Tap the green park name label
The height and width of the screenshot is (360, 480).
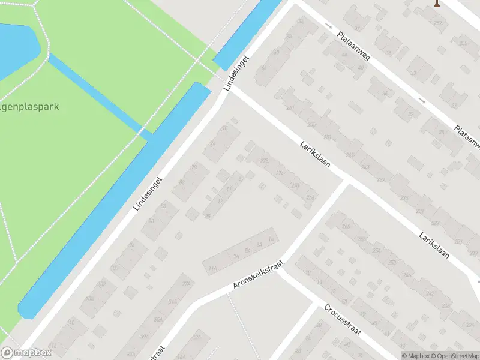(29, 107)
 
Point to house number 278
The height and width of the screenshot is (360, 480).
(264, 160)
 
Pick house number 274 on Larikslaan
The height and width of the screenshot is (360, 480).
(280, 173)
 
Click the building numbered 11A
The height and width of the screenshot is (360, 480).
(212, 269)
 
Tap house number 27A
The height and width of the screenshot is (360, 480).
(187, 284)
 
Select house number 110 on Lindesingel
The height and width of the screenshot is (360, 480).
(72, 323)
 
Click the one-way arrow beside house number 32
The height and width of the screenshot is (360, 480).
(422, 100)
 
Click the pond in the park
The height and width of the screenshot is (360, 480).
(15, 48)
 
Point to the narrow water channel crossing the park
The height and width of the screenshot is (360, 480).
(96, 93)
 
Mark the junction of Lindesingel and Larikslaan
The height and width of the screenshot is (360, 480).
(231, 89)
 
